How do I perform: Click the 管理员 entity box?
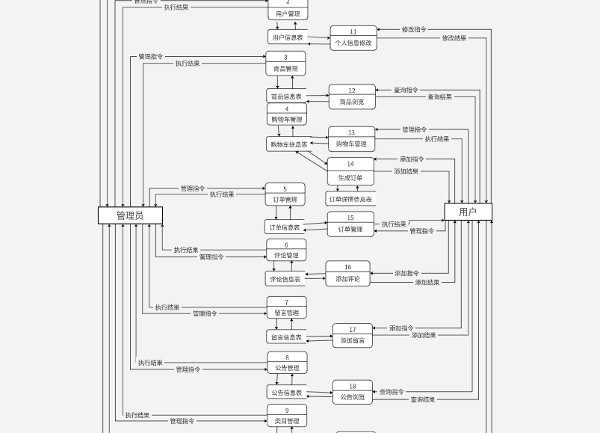click(130, 215)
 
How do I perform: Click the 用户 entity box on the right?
click(468, 212)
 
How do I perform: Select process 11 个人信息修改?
click(353, 38)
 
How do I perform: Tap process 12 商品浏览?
click(352, 96)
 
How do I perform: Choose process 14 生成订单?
click(350, 171)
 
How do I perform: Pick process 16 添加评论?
click(347, 274)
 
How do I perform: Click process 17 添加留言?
click(353, 335)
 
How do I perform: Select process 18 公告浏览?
click(353, 392)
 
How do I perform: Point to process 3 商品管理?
click(285, 64)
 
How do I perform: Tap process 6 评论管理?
click(286, 251)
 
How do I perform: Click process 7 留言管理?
click(286, 308)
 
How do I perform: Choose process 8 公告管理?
click(287, 363)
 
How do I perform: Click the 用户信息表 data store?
click(288, 37)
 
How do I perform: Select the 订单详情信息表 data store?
click(350, 200)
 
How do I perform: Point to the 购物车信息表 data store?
click(289, 144)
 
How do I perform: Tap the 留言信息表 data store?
click(287, 337)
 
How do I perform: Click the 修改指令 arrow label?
click(414, 30)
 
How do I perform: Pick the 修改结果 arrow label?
click(454, 38)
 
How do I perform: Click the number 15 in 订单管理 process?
click(350, 218)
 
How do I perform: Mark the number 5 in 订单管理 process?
click(285, 189)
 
